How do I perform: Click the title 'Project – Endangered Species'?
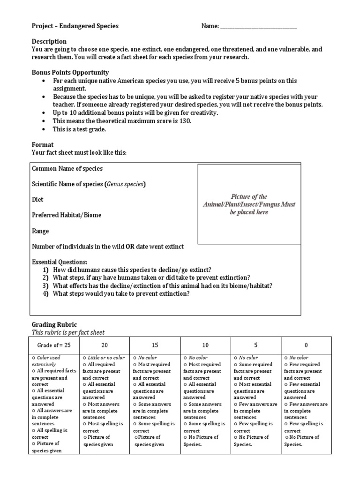75,26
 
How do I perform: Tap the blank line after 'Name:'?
258,27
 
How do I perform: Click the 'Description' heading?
49,42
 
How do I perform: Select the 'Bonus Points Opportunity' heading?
70,73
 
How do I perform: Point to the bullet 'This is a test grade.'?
80,129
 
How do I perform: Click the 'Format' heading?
43,145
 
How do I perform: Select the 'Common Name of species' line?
67,168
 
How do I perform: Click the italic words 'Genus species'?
125,184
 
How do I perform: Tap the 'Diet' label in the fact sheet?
37,200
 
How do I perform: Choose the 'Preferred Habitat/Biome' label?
67,215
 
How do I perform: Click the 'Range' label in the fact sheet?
40,231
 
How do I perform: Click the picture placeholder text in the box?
249,204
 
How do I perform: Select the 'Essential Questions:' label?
60,262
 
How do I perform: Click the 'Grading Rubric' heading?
54,324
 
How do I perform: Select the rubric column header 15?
155,345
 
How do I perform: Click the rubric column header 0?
306,345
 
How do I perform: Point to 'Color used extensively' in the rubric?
52,360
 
